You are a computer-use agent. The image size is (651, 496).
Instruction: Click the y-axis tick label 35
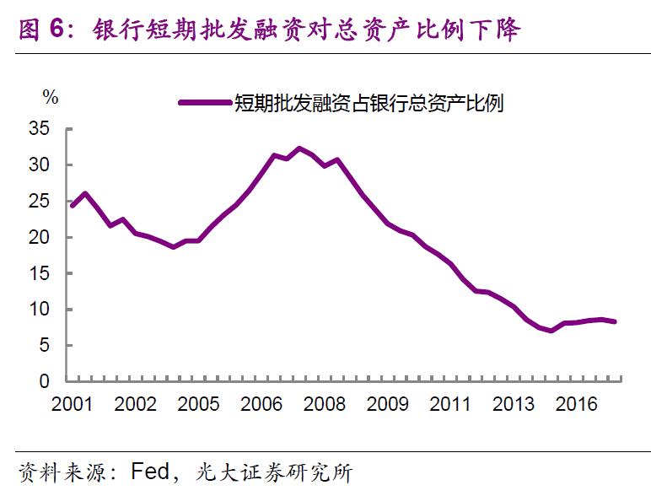pyautogui.click(x=40, y=129)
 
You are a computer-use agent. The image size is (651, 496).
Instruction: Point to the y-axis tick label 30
pyautogui.click(x=40, y=165)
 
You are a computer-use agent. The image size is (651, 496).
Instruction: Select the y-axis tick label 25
pyautogui.click(x=40, y=202)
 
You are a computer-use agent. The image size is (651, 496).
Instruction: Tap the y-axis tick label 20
pyautogui.click(x=40, y=238)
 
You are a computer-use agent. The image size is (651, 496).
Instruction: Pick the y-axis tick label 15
pyautogui.click(x=40, y=274)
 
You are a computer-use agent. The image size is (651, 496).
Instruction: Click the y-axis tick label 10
pyautogui.click(x=40, y=310)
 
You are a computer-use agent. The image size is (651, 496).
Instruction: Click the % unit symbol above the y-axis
pyautogui.click(x=51, y=97)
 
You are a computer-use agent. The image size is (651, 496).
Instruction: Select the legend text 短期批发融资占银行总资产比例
pyautogui.click(x=369, y=103)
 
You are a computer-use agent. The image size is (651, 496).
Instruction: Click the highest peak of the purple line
pyautogui.click(x=299, y=148)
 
